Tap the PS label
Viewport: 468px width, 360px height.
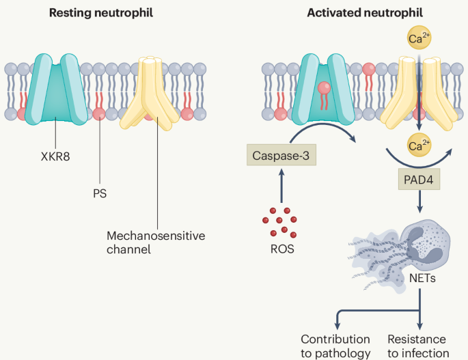[99, 193]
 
